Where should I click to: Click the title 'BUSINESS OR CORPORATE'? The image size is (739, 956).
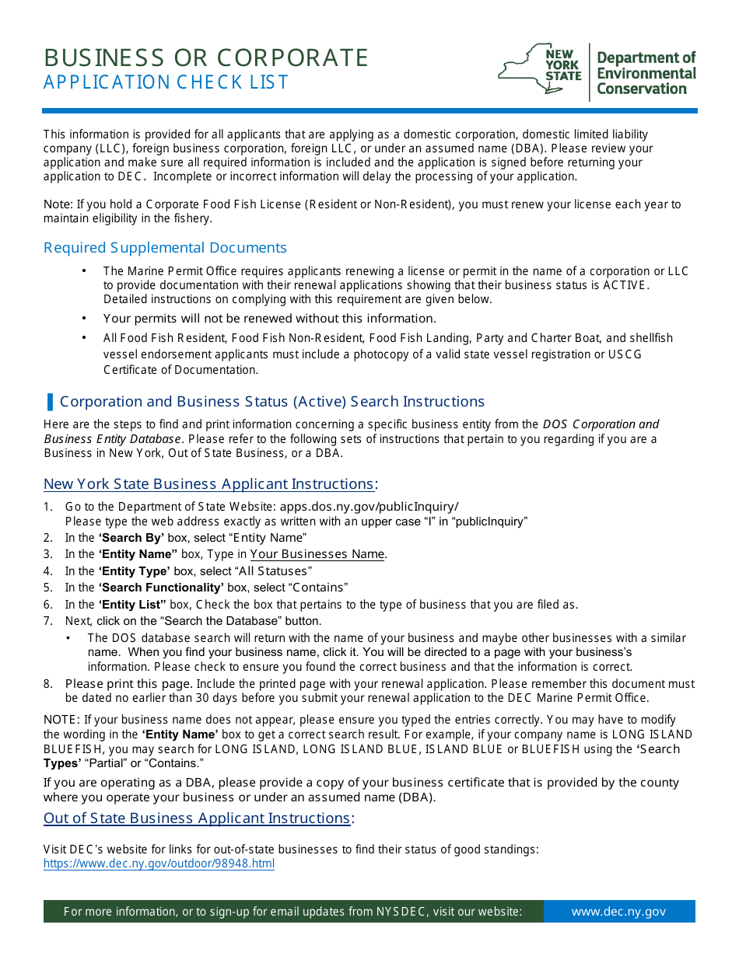click(x=206, y=58)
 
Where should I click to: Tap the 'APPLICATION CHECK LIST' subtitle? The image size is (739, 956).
click(x=166, y=82)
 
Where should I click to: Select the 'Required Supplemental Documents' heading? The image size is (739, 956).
click(x=165, y=248)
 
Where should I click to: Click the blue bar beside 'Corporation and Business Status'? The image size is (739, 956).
click(x=50, y=402)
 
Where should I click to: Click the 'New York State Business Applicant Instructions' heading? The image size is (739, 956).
click(x=208, y=484)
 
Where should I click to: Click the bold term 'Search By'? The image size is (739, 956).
click(x=131, y=538)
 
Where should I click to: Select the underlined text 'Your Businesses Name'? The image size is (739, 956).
click(x=317, y=554)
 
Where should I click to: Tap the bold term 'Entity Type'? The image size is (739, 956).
click(x=134, y=571)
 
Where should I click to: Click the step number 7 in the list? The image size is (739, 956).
click(x=48, y=621)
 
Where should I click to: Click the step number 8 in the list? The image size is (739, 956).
click(x=48, y=684)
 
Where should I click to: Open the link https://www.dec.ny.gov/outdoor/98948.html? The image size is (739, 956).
click(x=159, y=864)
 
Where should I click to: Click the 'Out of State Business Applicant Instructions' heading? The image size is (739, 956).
click(x=197, y=818)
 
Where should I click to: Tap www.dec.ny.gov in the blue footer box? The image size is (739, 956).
click(x=618, y=912)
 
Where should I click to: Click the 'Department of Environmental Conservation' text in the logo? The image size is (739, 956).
click(x=646, y=73)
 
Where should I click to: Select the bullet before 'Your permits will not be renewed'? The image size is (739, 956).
click(x=84, y=319)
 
